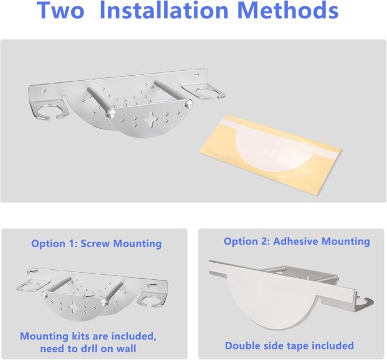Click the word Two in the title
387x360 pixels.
[60, 11]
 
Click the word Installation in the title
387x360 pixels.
[164, 10]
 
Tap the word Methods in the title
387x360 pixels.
[288, 10]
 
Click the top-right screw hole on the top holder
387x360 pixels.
[197, 74]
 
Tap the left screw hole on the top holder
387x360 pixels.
[43, 90]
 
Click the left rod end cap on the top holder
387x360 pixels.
[111, 113]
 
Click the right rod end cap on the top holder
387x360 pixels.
[189, 103]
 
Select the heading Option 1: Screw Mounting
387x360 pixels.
[97, 244]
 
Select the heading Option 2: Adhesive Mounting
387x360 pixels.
[297, 241]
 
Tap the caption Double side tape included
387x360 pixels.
[289, 346]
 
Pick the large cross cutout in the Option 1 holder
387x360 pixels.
[74, 306]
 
